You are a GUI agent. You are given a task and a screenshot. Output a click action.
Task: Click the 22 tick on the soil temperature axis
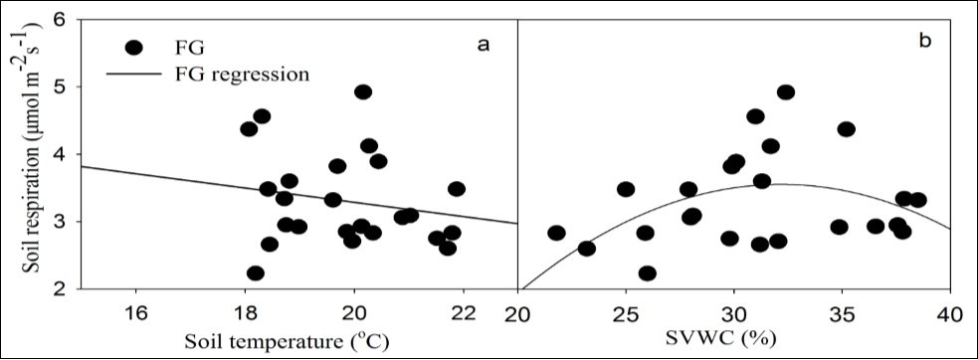coord(463,311)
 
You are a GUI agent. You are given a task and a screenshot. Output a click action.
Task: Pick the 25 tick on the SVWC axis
coord(626,311)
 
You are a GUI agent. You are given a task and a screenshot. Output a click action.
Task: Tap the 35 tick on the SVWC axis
coord(843,311)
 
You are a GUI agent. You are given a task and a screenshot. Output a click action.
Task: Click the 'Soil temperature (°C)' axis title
coord(298,340)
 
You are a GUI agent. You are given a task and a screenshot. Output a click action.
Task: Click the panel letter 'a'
coord(485,43)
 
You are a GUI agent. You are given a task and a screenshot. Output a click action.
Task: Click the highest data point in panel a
coord(363,91)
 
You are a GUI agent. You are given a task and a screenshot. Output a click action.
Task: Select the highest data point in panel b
coord(786,91)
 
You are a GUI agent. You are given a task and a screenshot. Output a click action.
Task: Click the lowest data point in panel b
coord(648,273)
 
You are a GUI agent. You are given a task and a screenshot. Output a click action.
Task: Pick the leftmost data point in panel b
coord(556,233)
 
